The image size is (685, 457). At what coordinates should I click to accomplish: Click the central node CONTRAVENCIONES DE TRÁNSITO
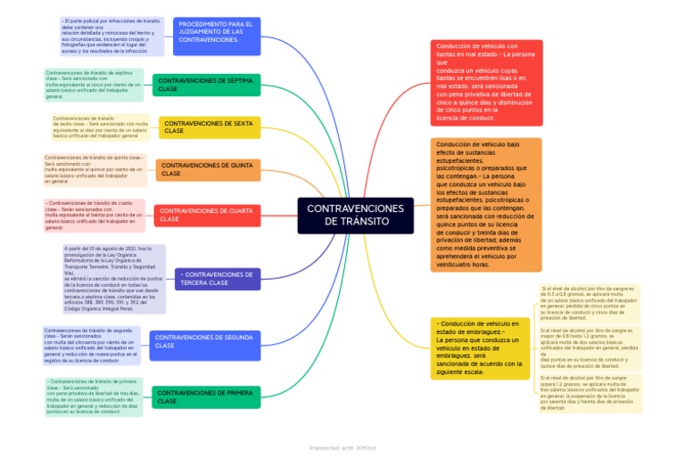click(x=355, y=215)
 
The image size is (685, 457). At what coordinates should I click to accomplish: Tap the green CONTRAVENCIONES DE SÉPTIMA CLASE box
click(x=207, y=85)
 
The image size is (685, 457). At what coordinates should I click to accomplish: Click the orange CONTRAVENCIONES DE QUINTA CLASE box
click(x=209, y=169)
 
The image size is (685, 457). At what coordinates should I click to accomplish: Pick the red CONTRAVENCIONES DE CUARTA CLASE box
click(x=207, y=215)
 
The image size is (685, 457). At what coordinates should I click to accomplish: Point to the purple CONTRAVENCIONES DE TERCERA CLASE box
click(x=218, y=279)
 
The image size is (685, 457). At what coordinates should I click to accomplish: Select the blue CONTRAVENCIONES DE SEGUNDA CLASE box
click(x=204, y=342)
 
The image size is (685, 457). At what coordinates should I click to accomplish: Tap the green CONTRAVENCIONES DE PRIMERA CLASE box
click(x=206, y=397)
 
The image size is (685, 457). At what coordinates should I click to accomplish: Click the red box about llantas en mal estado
click(x=485, y=82)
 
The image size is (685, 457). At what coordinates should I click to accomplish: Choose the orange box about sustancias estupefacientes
click(x=485, y=204)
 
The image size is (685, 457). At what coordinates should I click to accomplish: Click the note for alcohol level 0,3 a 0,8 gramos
click(x=589, y=303)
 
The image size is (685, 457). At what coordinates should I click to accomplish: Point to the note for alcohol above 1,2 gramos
click(x=589, y=393)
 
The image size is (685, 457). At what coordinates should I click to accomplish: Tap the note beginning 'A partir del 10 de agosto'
click(x=114, y=279)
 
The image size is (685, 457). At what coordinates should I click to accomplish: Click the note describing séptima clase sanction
click(x=93, y=85)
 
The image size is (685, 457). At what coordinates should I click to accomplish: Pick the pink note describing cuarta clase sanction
click(x=94, y=215)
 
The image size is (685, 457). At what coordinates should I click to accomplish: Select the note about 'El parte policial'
click(x=111, y=37)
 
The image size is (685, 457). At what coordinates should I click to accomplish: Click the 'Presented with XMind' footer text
click(x=342, y=447)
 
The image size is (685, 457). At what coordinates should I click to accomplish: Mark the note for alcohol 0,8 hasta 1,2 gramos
click(x=589, y=347)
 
